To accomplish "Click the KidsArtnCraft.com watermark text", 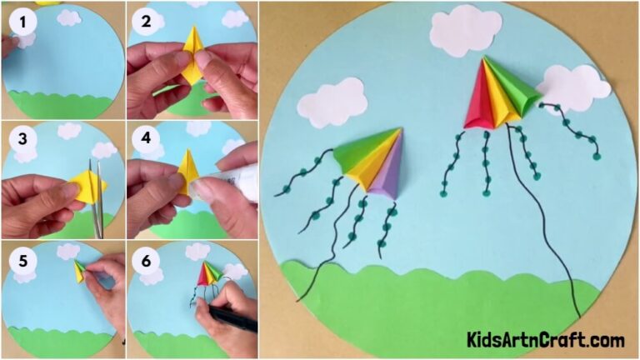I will (545, 340).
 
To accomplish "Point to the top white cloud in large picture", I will (464, 30).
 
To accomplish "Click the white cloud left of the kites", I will (332, 102).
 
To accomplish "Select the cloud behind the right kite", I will (575, 87).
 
